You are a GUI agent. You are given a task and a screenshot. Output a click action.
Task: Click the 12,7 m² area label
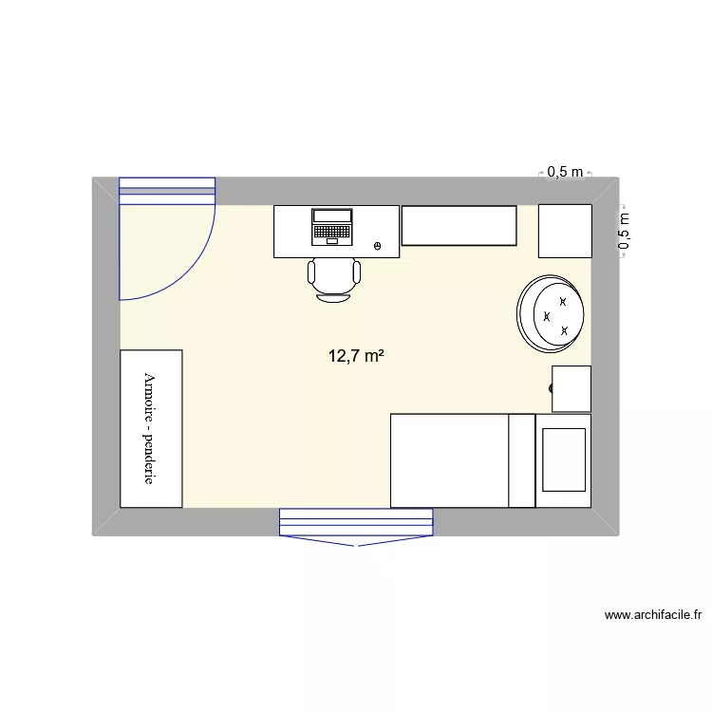[x=356, y=357]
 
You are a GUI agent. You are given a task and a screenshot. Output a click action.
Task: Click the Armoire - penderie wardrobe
[x=151, y=428]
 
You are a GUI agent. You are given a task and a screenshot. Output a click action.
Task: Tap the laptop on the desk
[x=332, y=226]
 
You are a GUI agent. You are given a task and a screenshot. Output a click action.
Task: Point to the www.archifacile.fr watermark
[x=652, y=615]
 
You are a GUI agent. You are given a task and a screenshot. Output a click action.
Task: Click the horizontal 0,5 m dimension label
[x=565, y=172]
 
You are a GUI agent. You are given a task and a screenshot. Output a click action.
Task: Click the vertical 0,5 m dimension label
[x=624, y=231]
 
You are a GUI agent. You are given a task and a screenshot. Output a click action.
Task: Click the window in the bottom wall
[x=356, y=522]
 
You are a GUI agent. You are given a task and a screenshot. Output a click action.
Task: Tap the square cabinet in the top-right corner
[x=565, y=231]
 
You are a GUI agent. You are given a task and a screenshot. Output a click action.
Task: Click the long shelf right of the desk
[x=458, y=225]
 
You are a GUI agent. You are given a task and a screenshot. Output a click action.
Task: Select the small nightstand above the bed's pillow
[x=571, y=389]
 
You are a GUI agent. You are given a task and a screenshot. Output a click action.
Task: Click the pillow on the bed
[x=563, y=460]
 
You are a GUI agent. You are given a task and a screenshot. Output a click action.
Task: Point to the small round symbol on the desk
[x=378, y=247]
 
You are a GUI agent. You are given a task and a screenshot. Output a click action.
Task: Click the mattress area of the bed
[x=449, y=460]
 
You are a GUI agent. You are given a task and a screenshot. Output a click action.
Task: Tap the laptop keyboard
[x=332, y=231]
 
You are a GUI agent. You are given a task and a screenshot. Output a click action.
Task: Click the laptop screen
[x=332, y=215]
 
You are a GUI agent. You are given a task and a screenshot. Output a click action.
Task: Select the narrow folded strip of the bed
[x=522, y=460]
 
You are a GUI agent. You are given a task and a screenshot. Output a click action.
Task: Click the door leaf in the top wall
[x=167, y=191]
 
